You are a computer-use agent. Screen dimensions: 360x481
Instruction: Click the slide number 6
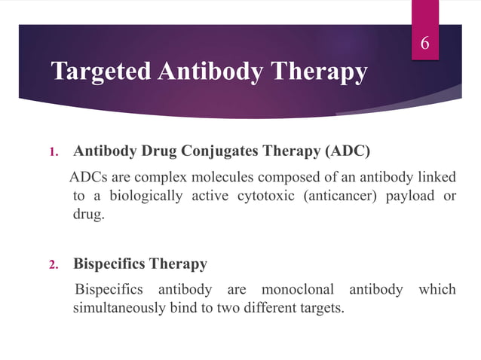coord(424,44)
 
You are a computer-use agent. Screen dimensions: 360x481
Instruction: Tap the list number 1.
coord(54,152)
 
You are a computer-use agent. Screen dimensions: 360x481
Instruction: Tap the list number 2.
coord(54,265)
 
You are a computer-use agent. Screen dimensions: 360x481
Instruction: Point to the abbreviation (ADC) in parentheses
coord(347,151)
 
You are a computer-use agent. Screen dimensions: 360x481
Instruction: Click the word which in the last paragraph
coord(438,290)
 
